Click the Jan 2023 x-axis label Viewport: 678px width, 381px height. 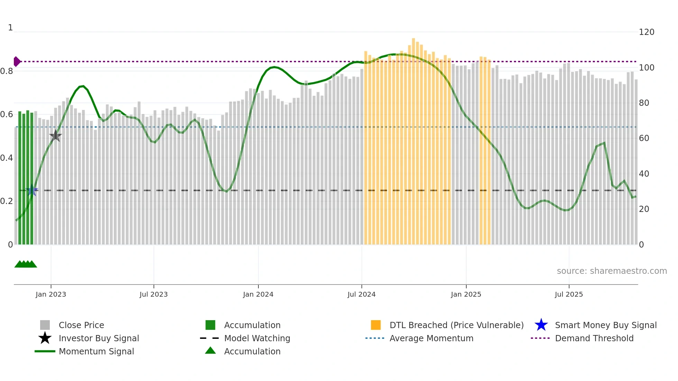pyautogui.click(x=51, y=294)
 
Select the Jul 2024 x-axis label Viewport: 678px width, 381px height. pyautogui.click(x=361, y=294)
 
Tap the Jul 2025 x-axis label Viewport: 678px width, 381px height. pyautogui.click(x=569, y=294)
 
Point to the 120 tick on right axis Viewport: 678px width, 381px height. pyautogui.click(x=646, y=32)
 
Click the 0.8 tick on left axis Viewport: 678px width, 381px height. pyautogui.click(x=7, y=71)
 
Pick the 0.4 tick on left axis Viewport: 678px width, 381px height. pyautogui.click(x=7, y=158)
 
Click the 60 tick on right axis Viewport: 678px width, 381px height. pyautogui.click(x=644, y=138)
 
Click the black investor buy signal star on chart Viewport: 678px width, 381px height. pyautogui.click(x=55, y=136)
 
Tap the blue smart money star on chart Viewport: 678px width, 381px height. pyautogui.click(x=32, y=190)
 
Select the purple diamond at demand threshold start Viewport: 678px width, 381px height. pyautogui.click(x=17, y=62)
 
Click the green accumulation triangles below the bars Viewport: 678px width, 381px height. pyautogui.click(x=26, y=264)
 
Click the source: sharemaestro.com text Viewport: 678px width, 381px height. pyautogui.click(x=612, y=271)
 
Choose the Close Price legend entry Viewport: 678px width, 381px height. pyautogui.click(x=81, y=325)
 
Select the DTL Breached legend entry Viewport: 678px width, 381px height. pyautogui.click(x=456, y=325)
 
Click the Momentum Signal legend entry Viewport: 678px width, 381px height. pyautogui.click(x=96, y=351)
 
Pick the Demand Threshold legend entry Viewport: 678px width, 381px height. pyautogui.click(x=594, y=338)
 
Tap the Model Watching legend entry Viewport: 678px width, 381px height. pyautogui.click(x=257, y=338)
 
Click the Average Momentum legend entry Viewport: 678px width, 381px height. pyautogui.click(x=431, y=338)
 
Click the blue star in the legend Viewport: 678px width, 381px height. pyautogui.click(x=541, y=325)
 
